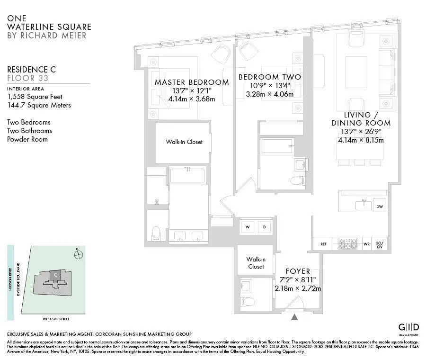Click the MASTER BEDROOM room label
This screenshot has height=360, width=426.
(192, 82)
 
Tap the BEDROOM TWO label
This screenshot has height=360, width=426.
(269, 77)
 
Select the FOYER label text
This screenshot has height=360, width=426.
(298, 271)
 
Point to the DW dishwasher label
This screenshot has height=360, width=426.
(379, 207)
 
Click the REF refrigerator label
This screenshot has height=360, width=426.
(324, 244)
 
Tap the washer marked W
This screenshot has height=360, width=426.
(248, 227)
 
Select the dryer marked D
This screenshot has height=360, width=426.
(265, 227)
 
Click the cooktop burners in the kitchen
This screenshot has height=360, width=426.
(348, 244)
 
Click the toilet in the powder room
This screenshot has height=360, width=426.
(248, 302)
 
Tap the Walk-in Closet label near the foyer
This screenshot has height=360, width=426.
(256, 263)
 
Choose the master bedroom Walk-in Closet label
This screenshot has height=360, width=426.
(184, 142)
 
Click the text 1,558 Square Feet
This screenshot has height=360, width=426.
(35, 97)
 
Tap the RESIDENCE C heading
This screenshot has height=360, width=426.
(35, 69)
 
